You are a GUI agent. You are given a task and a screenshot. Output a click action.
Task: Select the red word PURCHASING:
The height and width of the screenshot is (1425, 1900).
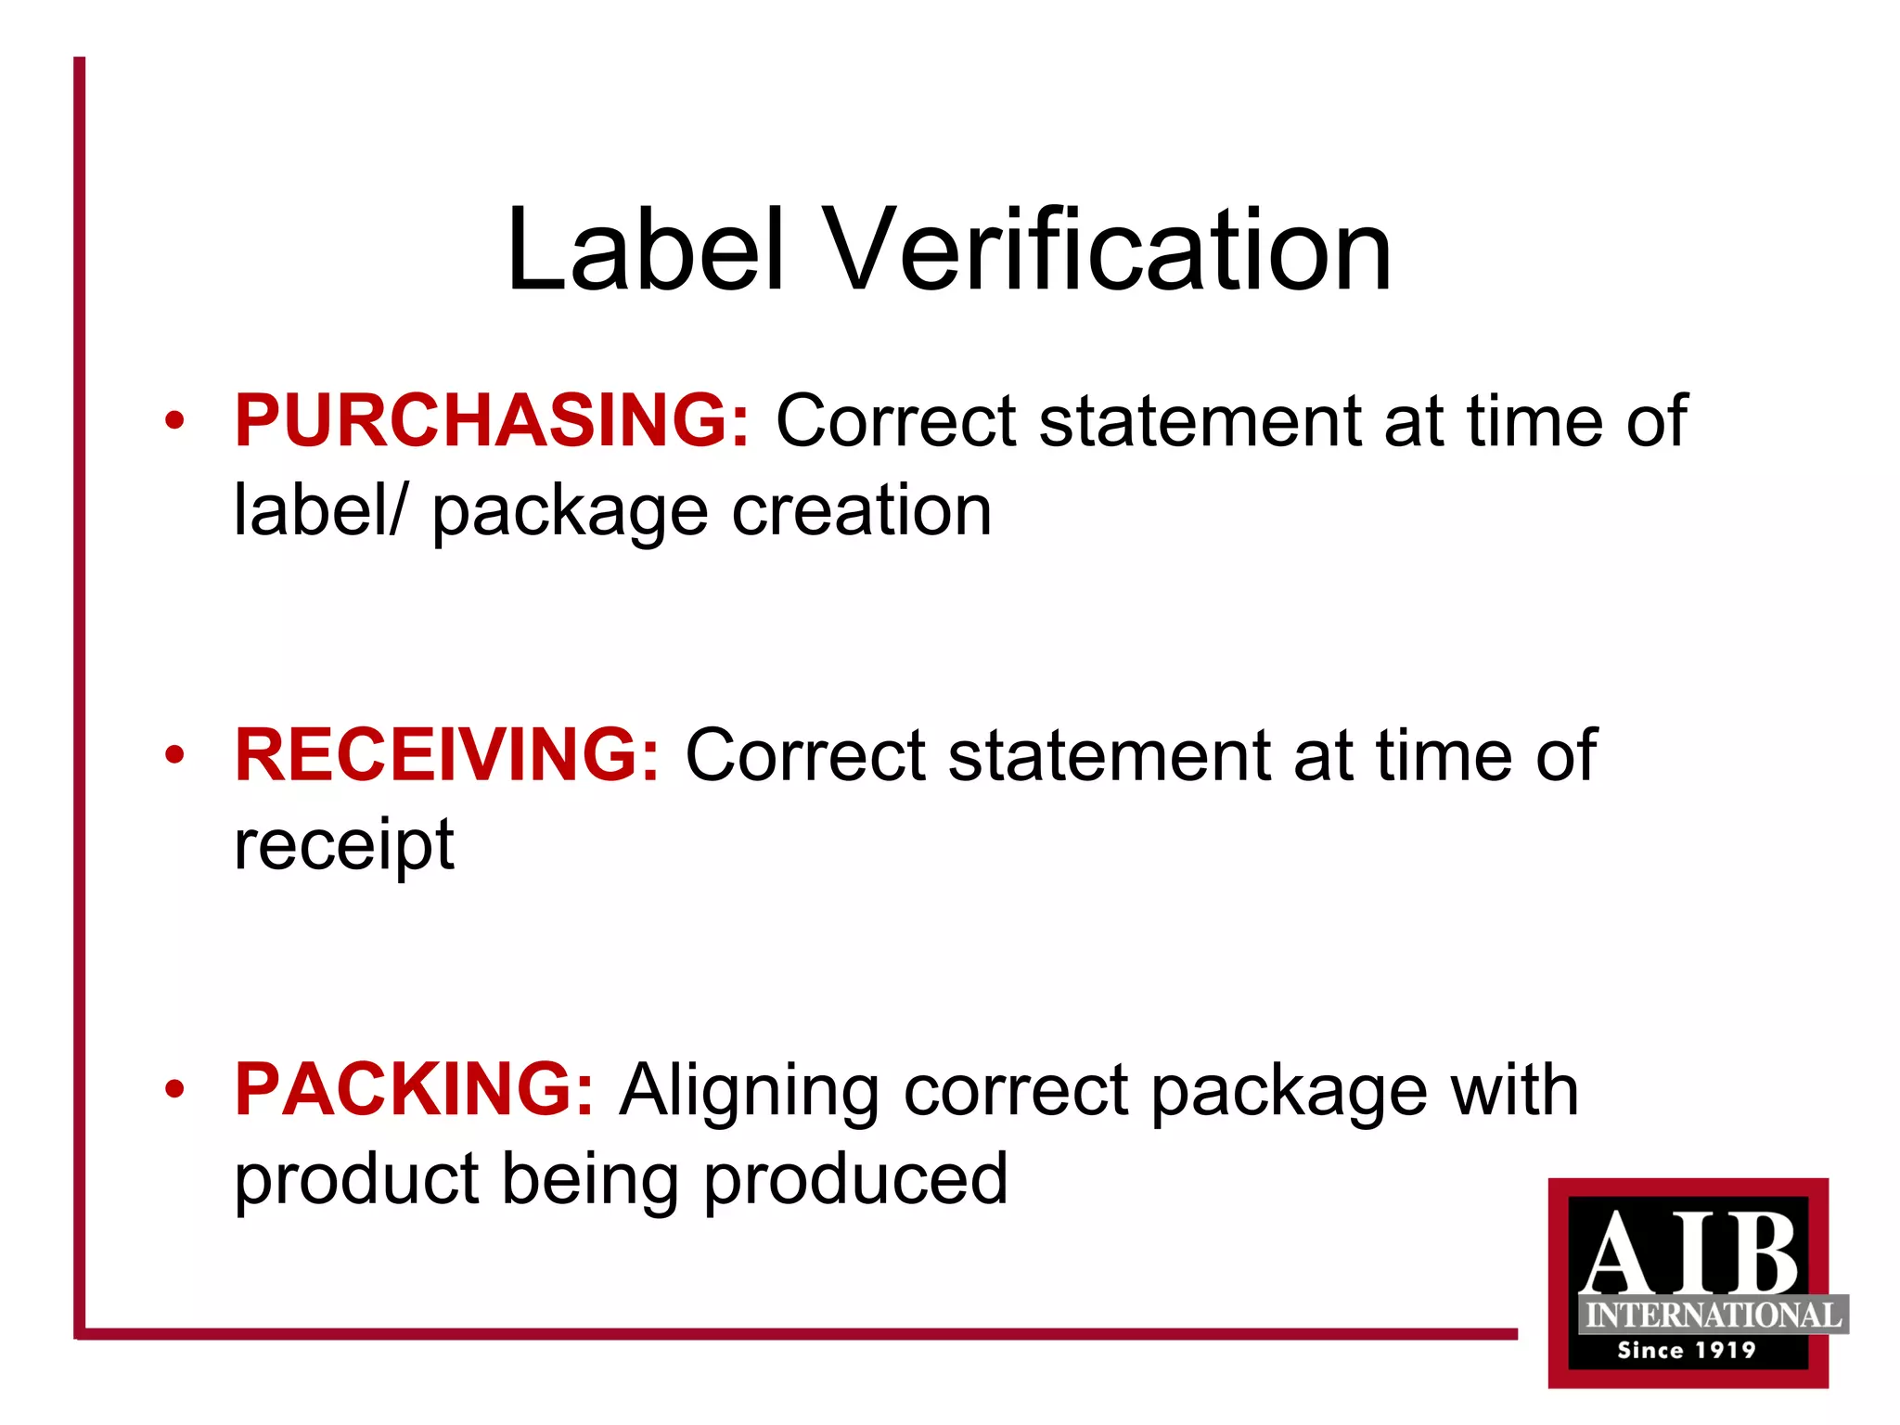coord(492,421)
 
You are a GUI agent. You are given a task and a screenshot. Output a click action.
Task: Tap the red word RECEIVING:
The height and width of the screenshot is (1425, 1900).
coord(447,755)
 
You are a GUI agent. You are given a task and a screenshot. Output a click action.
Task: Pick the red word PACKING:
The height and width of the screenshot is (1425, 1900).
coord(414,1089)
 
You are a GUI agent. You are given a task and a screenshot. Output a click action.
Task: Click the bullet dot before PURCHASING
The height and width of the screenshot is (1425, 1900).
coord(174,422)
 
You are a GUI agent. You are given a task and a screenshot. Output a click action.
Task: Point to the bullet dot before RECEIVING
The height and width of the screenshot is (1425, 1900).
coord(174,756)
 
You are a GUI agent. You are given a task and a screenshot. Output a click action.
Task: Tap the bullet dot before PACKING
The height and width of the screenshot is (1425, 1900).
coord(174,1090)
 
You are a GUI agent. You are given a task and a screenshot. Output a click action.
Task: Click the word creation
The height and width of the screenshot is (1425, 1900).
coord(862,510)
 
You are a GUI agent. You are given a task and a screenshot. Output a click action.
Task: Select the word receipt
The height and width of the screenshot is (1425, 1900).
coord(344,846)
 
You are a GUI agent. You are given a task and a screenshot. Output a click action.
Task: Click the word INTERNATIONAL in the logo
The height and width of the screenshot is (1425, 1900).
coord(1713,1316)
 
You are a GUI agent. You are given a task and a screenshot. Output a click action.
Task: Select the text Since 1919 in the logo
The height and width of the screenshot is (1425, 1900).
coord(1687,1350)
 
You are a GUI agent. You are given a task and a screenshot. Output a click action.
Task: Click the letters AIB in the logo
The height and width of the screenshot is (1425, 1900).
coord(1688,1252)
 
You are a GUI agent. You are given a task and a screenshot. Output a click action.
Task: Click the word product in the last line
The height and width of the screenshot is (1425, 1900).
coord(356,1181)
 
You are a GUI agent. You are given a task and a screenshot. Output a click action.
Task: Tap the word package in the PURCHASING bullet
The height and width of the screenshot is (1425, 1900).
coord(570,513)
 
